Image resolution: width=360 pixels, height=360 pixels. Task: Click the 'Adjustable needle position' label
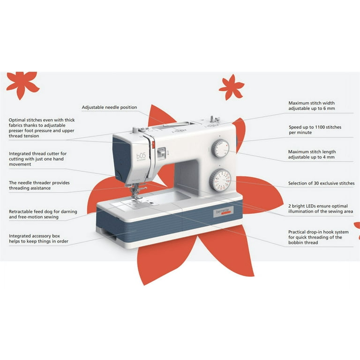[x=109, y=107]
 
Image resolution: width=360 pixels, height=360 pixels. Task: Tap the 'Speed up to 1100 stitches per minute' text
[x=315, y=130]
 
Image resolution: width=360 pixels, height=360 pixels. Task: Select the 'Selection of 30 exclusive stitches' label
[x=321, y=183]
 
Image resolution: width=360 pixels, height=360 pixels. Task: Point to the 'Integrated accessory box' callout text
[x=38, y=239]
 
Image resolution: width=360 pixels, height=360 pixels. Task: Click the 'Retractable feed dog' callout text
[x=43, y=214]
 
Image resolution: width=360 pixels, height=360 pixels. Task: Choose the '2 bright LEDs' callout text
[x=321, y=209]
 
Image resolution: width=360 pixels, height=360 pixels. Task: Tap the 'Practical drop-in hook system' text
[x=318, y=237]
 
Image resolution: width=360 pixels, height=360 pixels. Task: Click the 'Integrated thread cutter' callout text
[x=37, y=159]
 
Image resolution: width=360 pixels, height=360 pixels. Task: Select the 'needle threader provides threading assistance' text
[x=39, y=185]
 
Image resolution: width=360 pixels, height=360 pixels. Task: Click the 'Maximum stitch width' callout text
[x=312, y=105]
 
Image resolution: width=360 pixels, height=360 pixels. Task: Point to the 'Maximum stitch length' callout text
[x=312, y=154]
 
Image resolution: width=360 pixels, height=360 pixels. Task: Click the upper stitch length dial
[x=220, y=148]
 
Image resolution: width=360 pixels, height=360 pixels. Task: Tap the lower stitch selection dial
[x=220, y=180]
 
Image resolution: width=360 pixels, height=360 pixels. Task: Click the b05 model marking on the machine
[x=141, y=156]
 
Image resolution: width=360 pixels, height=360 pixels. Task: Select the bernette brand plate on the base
[x=223, y=212]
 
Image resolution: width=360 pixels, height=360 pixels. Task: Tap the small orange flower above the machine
[x=232, y=87]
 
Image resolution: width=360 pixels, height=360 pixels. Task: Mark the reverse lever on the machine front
[x=161, y=153]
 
